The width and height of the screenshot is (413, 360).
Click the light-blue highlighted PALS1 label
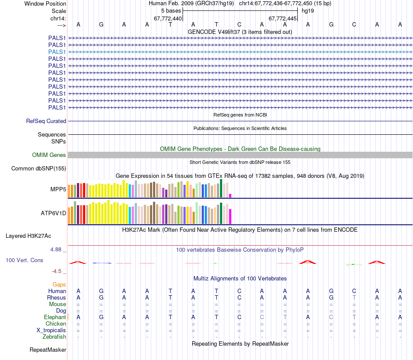[x=57, y=52]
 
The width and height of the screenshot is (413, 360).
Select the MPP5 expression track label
[x=58, y=190]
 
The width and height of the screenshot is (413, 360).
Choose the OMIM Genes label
[x=49, y=155]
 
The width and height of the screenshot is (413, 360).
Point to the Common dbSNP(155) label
[x=39, y=169]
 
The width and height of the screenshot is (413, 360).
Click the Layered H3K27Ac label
[x=28, y=236]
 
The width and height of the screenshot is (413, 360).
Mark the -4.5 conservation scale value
[x=57, y=271]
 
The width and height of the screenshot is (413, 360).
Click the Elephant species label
[x=55, y=317]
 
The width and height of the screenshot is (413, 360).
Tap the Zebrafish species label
[x=54, y=337]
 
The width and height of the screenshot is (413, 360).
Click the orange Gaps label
[x=59, y=284]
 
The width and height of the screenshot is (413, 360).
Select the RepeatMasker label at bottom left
[x=48, y=350]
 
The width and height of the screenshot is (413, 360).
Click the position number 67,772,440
[x=168, y=19]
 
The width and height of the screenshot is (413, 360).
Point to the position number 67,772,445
[x=283, y=19]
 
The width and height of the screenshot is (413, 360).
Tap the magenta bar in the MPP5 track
[x=230, y=195]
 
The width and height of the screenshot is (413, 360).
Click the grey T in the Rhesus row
[x=354, y=297]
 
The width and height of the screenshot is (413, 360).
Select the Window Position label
[x=45, y=3]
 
